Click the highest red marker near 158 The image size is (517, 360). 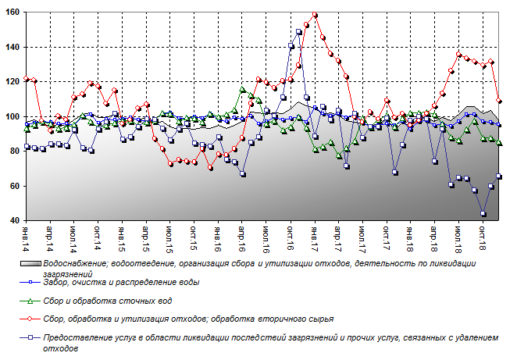point(315,15)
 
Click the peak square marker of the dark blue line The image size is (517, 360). point(299,32)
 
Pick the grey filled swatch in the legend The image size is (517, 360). point(30,263)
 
